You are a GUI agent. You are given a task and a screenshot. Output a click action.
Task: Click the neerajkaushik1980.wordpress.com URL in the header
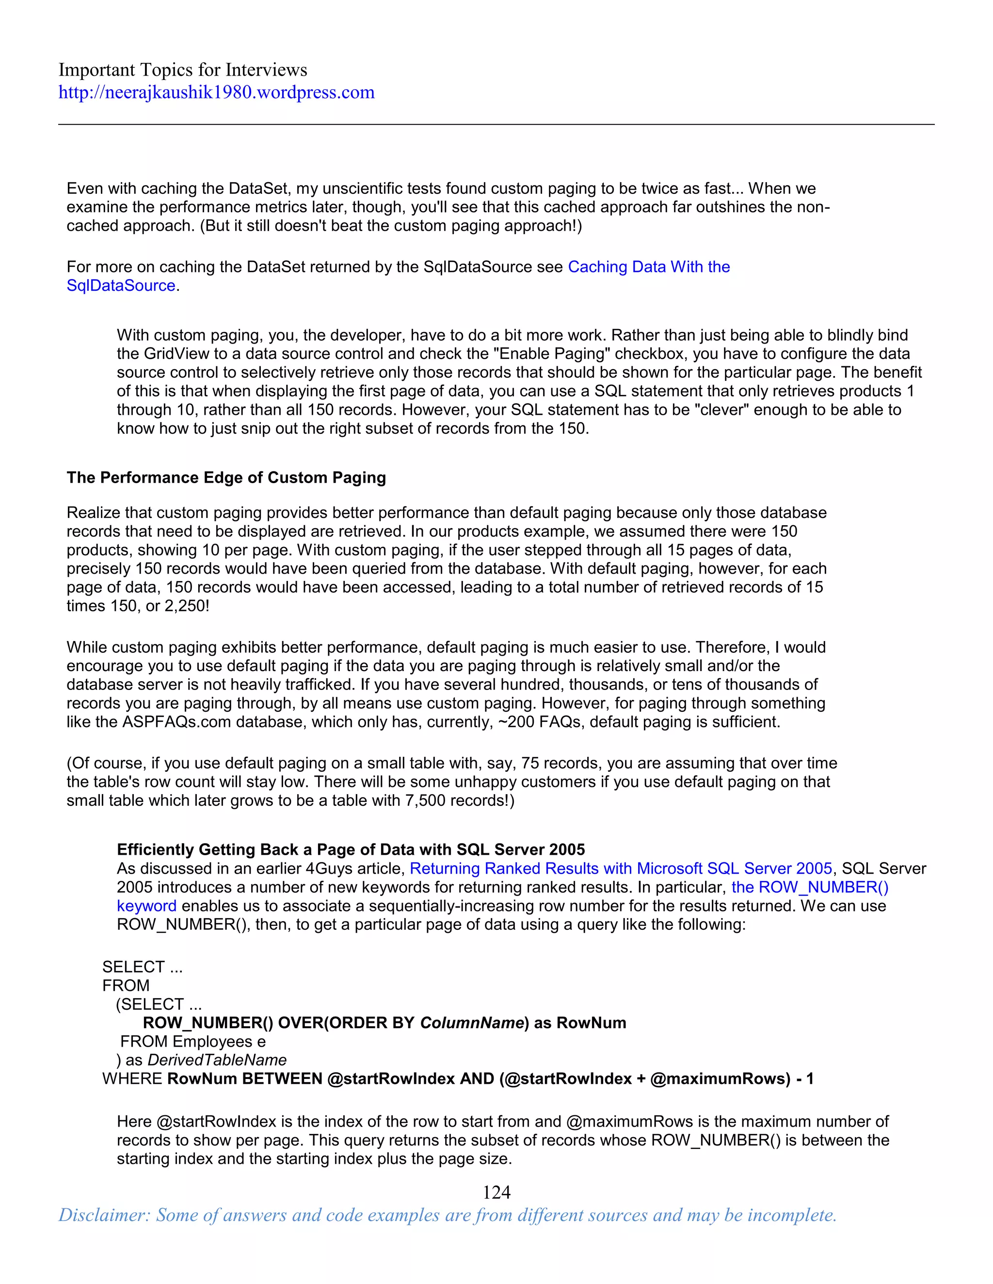pyautogui.click(x=216, y=92)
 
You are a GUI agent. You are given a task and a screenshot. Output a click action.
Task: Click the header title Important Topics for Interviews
pyautogui.click(x=182, y=70)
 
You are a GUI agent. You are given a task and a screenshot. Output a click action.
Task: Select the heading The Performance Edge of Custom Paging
pyautogui.click(x=226, y=477)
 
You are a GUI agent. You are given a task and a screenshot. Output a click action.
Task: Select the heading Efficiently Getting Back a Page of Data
pyautogui.click(x=351, y=849)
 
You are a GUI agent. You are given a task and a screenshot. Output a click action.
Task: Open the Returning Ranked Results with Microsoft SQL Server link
pyautogui.click(x=621, y=868)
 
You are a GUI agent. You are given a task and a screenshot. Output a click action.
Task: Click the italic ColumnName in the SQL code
pyautogui.click(x=471, y=1023)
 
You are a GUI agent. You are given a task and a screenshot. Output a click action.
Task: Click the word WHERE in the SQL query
pyautogui.click(x=132, y=1079)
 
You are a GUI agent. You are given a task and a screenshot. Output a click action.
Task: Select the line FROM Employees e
pyautogui.click(x=192, y=1042)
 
